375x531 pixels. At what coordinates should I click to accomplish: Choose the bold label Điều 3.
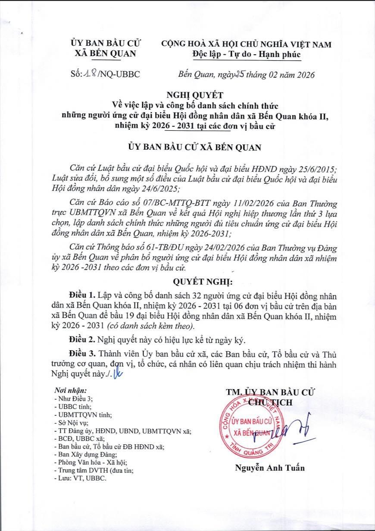coord(82,354)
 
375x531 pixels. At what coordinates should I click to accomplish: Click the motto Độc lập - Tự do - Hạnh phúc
coord(246,54)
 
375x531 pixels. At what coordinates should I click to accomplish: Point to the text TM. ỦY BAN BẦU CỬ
coord(270,393)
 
